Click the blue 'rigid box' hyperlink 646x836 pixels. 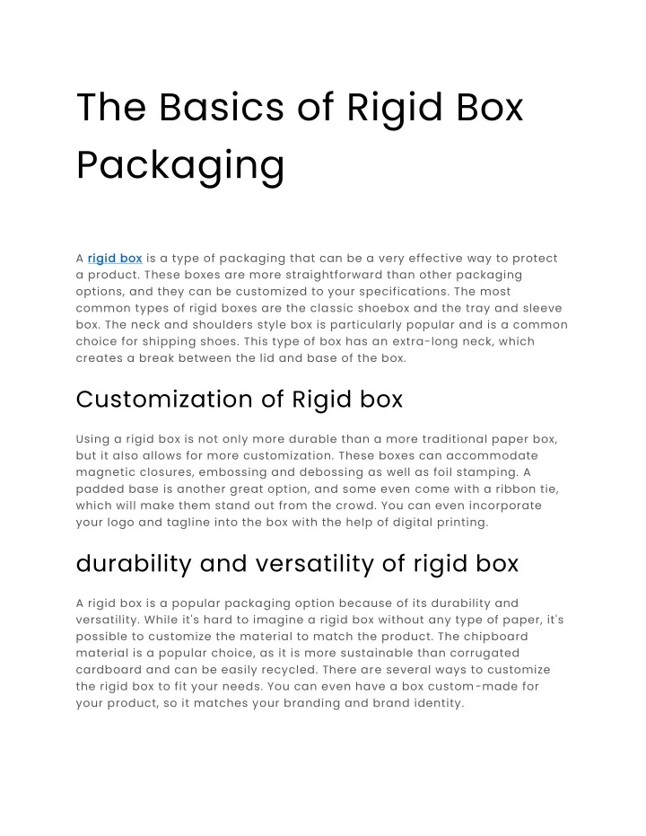(115, 259)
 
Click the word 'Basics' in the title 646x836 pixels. (222, 107)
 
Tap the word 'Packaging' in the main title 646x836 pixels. (180, 166)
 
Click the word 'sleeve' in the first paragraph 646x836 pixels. (542, 308)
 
